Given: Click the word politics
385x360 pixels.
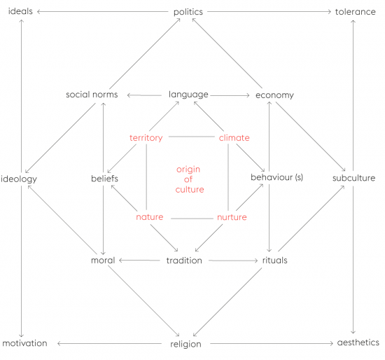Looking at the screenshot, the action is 188,12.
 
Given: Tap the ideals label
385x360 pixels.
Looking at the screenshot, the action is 20,11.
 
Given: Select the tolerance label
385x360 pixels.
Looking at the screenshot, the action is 356,12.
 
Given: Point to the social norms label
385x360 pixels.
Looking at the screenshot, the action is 92,95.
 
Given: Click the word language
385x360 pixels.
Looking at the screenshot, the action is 188,95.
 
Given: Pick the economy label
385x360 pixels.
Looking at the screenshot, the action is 274,95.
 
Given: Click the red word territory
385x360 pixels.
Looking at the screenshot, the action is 146,138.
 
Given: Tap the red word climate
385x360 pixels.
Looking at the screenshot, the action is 234,138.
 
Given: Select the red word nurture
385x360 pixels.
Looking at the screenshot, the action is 232,217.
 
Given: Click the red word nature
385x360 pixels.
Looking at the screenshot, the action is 150,217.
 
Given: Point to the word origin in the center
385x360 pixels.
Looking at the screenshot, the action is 188,169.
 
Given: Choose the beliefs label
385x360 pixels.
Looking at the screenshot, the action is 104,179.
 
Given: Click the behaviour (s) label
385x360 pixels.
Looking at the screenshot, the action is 276,177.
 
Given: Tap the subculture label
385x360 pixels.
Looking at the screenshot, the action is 353,178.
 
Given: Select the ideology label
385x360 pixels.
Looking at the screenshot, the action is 19,179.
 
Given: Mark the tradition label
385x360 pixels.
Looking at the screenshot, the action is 184,261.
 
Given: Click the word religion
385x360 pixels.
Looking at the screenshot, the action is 185,345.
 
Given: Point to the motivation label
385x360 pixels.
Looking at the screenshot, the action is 24,343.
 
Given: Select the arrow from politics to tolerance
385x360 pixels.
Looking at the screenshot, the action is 269,11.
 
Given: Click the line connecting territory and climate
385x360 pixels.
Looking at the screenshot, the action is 192,137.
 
